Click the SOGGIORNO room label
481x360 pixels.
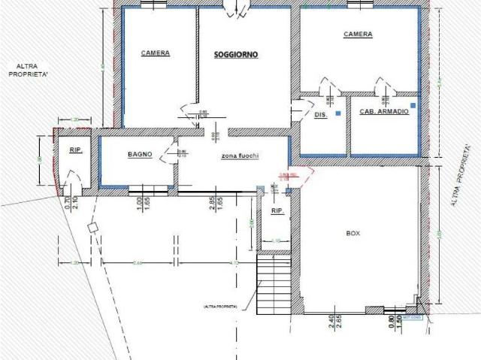[236, 55]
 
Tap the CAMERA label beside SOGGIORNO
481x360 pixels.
[156, 53]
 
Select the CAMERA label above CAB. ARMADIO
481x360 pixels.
[358, 35]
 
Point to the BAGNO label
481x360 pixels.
[140, 154]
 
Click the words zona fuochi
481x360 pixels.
[240, 155]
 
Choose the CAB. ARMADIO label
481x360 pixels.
[384, 111]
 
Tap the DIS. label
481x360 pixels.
[319, 115]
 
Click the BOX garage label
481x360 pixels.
[353, 234]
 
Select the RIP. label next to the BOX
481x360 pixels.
[277, 212]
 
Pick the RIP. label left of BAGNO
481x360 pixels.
[75, 150]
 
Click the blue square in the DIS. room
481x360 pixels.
[338, 113]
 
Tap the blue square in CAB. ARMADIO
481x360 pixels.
[413, 104]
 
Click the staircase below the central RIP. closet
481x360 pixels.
[274, 286]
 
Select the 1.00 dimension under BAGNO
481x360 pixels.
[138, 204]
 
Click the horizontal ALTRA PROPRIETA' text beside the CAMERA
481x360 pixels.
[26, 71]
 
